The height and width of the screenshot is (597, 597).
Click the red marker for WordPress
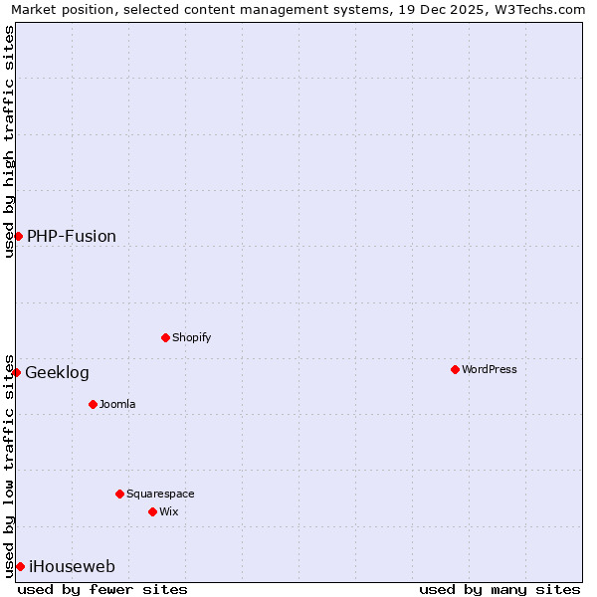pyautogui.click(x=455, y=369)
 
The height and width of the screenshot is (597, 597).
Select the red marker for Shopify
pyautogui.click(x=165, y=337)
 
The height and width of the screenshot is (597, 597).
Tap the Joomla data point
pyautogui.click(x=93, y=404)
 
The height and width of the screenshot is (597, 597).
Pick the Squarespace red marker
pyautogui.click(x=119, y=494)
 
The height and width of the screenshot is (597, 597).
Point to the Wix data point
pyautogui.click(x=152, y=511)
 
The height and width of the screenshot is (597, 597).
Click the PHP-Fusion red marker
pyautogui.click(x=18, y=236)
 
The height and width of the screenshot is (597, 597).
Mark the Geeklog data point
pyautogui.click(x=16, y=372)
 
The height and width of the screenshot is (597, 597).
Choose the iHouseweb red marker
pyautogui.click(x=20, y=566)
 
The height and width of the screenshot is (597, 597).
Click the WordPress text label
pyautogui.click(x=490, y=369)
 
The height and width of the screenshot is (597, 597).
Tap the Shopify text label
pyautogui.click(x=192, y=337)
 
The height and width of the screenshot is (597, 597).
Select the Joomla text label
pyautogui.click(x=117, y=404)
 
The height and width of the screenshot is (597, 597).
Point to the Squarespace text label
pyautogui.click(x=160, y=494)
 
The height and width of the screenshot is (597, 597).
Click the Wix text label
pyautogui.click(x=169, y=511)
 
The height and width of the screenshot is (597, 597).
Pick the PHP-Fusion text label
pyautogui.click(x=72, y=236)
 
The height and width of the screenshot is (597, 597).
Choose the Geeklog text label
pyautogui.click(x=57, y=372)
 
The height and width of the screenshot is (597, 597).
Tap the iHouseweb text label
pyautogui.click(x=72, y=566)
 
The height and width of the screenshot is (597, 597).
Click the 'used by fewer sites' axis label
pyautogui.click(x=102, y=589)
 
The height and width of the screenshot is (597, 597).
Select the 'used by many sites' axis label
pyautogui.click(x=499, y=589)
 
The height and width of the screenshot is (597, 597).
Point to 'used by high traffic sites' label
pyautogui.click(x=9, y=141)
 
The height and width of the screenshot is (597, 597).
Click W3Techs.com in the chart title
pyautogui.click(x=538, y=9)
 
